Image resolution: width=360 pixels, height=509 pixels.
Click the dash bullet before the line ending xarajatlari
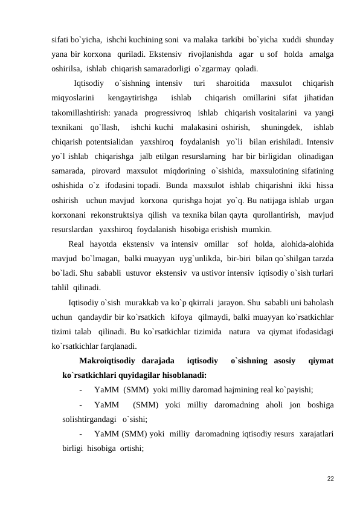point(80,435)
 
